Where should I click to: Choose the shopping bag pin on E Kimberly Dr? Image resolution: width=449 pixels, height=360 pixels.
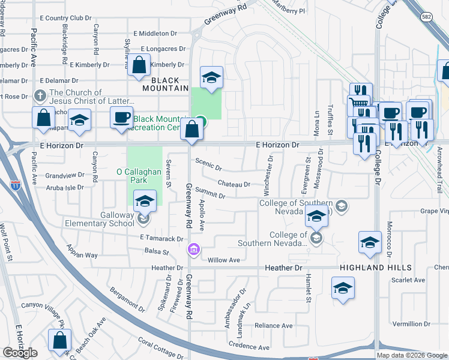click(139, 66)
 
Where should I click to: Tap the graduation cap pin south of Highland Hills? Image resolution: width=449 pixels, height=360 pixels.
click(343, 289)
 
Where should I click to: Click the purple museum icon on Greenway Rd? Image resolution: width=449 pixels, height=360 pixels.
click(194, 249)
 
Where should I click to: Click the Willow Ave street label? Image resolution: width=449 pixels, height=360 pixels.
click(223, 260)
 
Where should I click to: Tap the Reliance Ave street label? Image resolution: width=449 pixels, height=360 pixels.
click(273, 326)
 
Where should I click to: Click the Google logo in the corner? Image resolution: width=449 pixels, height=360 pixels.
click(20, 353)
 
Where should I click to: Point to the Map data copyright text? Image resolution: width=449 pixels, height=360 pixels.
click(411, 355)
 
